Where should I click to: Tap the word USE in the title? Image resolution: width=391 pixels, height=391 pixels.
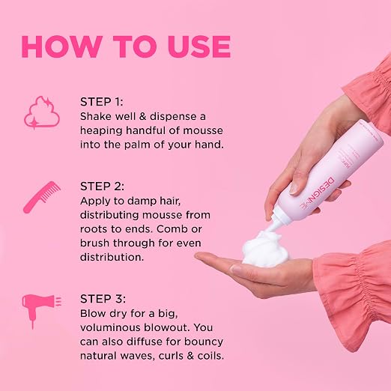pos(199,46)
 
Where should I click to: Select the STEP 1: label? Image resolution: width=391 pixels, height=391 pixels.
pos(102,102)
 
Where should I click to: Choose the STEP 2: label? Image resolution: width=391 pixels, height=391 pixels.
pos(102,187)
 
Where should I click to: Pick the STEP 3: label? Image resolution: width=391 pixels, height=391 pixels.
pos(103,299)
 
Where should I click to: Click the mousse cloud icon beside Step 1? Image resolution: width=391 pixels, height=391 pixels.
pos(42,113)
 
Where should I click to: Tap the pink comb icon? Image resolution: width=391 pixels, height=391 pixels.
pos(42,197)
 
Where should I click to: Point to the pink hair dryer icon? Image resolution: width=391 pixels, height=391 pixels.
pos(41,310)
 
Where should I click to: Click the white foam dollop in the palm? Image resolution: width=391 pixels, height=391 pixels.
pos(265,248)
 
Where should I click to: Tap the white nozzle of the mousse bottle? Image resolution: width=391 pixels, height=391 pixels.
pos(275,222)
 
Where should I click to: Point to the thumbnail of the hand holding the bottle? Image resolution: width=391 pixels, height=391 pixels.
pos(294,189)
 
